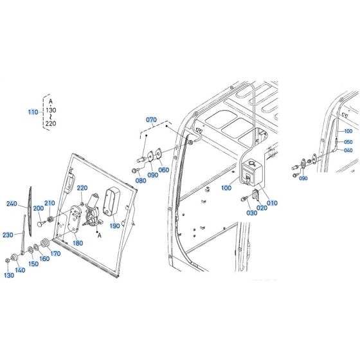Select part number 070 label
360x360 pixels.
(x=151, y=120)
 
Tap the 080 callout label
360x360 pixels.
(x=141, y=181)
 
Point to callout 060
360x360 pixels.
(x=163, y=170)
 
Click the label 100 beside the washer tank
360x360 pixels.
(x=226, y=188)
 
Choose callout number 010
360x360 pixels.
(x=272, y=203)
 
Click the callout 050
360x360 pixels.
(x=348, y=142)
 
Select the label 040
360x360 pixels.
(x=348, y=151)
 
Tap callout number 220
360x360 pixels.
(x=82, y=188)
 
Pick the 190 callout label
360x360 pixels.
(x=114, y=226)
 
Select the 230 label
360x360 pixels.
(x=8, y=234)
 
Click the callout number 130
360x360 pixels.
(x=8, y=275)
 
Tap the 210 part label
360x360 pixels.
(x=50, y=203)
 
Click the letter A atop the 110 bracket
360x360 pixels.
(x=51, y=100)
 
